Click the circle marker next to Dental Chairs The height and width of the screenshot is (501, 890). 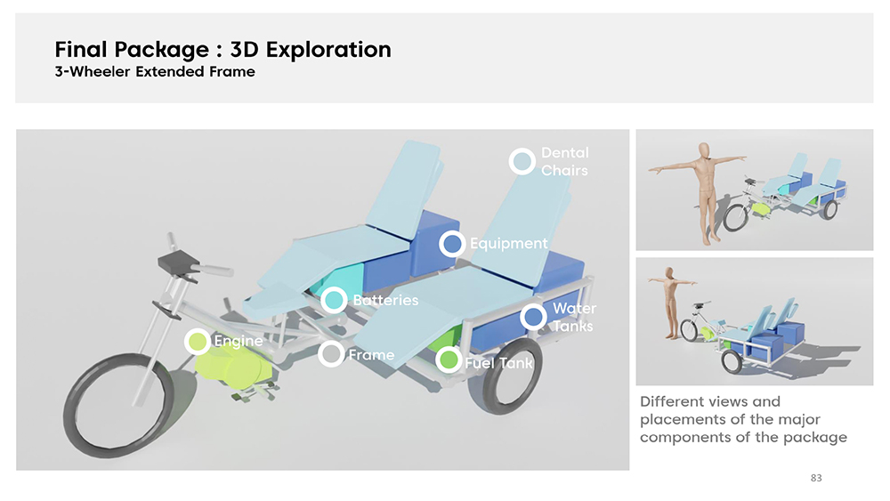coord(522,162)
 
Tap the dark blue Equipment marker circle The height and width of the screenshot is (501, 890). coord(452,244)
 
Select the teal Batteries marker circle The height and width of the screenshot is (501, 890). coord(334,300)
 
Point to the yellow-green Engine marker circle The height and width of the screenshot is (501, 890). coord(198,342)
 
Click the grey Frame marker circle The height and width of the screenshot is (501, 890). coord(331,354)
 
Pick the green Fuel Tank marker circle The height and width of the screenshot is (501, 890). coord(449,360)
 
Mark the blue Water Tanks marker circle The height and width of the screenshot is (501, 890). coord(533,317)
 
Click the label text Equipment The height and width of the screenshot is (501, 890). coord(508,244)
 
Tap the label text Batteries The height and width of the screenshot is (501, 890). coord(385,300)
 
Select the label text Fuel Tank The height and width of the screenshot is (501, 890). coord(499,362)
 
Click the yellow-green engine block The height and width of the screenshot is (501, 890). coord(232,368)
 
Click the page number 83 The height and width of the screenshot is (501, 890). coord(816,478)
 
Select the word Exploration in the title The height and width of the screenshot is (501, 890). coord(328,50)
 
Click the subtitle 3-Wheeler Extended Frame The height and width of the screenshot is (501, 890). coord(155,71)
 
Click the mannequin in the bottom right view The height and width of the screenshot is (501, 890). coord(672,303)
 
